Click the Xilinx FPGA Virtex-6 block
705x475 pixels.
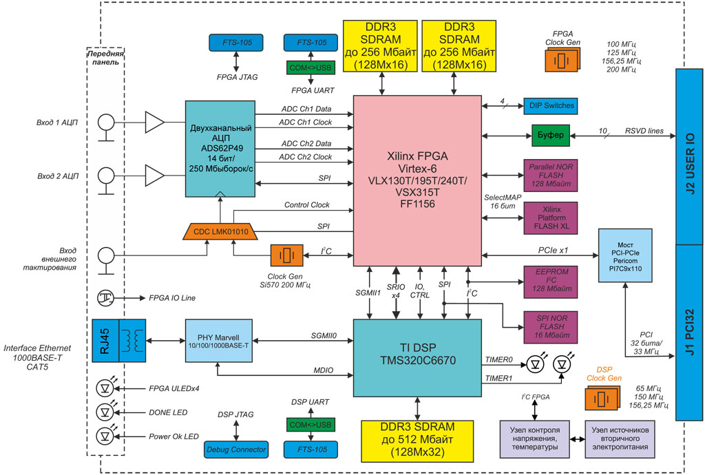[417, 180]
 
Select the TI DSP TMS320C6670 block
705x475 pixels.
[417, 357]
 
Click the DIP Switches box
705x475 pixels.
[549, 106]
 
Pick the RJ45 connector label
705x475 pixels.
[105, 341]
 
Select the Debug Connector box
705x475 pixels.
[236, 450]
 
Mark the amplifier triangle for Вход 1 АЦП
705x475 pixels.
[154, 123]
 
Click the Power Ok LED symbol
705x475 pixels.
[105, 436]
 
